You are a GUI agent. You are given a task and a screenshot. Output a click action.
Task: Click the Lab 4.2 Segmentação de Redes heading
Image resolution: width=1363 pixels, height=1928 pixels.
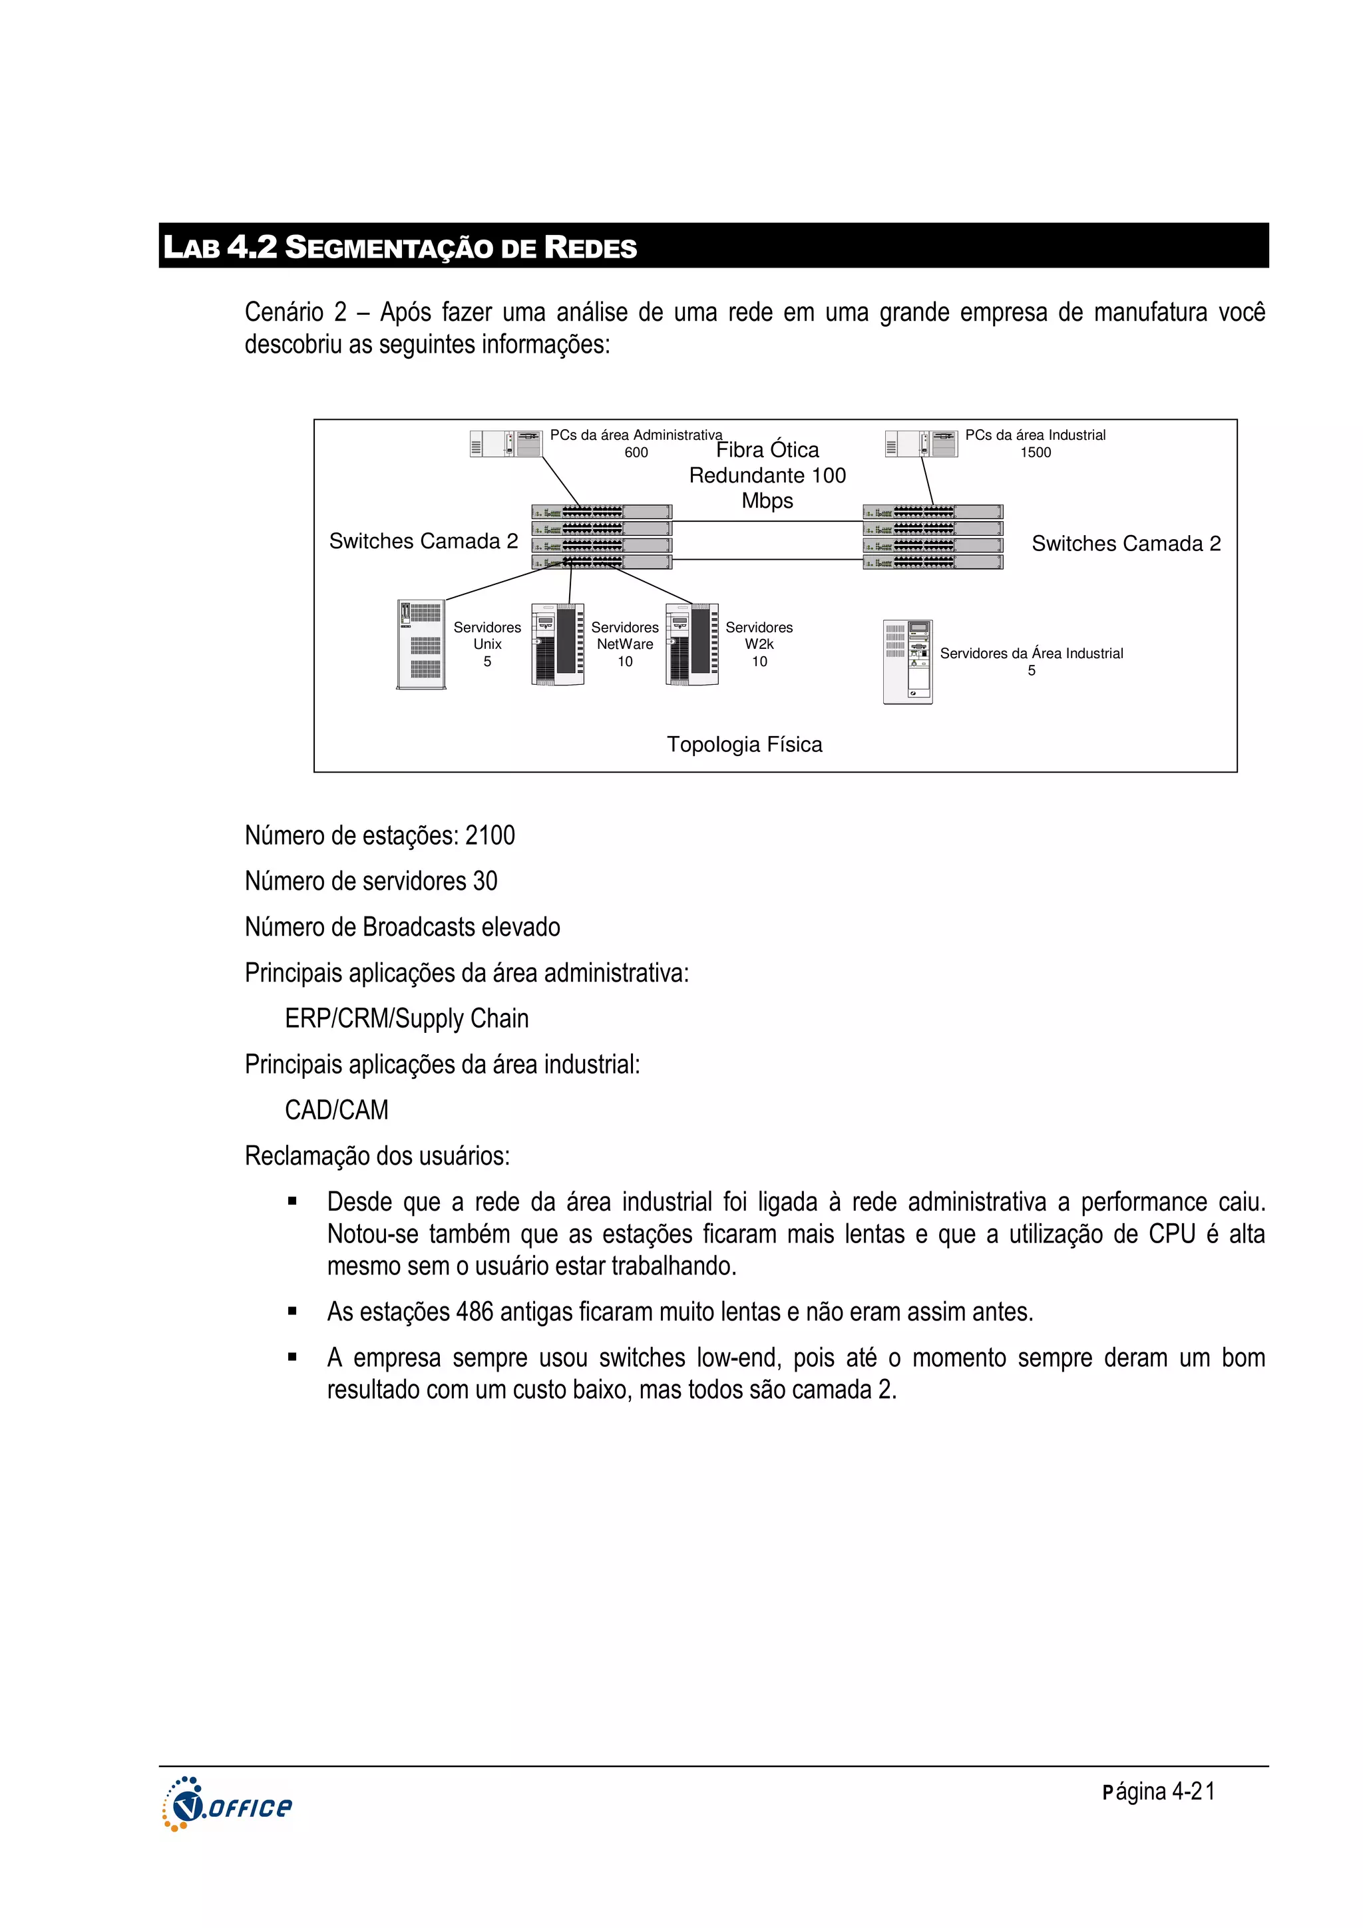pos(400,247)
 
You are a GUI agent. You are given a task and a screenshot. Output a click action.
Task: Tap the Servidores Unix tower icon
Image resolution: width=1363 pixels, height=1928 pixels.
pos(421,644)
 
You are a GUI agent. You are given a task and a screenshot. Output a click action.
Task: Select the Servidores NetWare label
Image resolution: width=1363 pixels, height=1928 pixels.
pos(624,636)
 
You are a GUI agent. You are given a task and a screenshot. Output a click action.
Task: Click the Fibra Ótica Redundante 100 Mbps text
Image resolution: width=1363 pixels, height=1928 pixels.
pos(767,475)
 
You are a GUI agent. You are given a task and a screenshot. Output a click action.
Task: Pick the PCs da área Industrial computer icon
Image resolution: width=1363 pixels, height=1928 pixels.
pos(920,443)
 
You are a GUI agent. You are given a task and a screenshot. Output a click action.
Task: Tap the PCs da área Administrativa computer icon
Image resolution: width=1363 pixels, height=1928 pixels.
pos(506,443)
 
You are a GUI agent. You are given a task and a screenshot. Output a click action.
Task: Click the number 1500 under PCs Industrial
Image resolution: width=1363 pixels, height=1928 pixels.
pos(1035,453)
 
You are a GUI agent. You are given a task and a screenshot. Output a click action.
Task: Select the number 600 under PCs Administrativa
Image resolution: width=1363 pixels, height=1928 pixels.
pos(636,453)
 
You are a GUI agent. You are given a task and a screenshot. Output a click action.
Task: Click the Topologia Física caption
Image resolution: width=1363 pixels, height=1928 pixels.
pos(744,745)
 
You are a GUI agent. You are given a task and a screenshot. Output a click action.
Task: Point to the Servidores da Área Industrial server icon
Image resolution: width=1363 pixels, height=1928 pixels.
pos(907,662)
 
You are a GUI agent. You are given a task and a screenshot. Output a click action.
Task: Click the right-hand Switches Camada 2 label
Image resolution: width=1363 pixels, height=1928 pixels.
pos(1125,544)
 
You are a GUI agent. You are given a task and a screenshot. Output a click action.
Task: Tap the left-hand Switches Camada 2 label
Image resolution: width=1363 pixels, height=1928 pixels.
pos(423,542)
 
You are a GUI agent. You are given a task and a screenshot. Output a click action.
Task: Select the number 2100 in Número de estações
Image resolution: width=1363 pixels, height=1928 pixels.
pos(490,835)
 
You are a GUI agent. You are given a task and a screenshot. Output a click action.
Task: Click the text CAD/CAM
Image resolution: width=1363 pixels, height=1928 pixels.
pos(336,1110)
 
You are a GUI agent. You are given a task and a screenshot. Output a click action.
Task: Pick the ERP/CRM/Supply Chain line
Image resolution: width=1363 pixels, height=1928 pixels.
pos(407,1019)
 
